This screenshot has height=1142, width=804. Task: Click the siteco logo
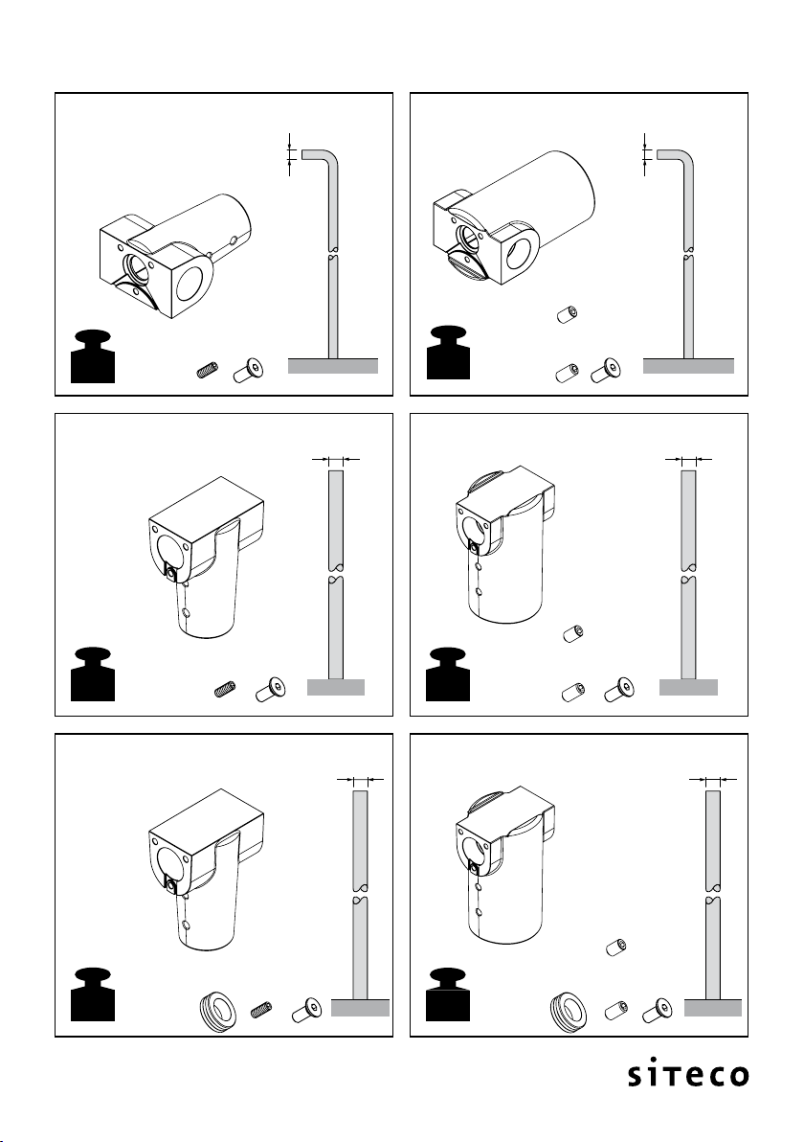click(x=688, y=1075)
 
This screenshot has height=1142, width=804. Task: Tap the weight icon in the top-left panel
click(x=93, y=355)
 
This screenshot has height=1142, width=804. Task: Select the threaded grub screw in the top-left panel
click(x=208, y=371)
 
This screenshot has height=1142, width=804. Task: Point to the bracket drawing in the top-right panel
click(x=514, y=217)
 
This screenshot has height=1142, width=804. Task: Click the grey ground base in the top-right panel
click(x=688, y=366)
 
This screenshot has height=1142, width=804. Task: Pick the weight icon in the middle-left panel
click(x=93, y=674)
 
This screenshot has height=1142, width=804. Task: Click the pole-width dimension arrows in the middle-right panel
click(x=688, y=460)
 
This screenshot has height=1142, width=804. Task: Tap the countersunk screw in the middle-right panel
click(x=619, y=690)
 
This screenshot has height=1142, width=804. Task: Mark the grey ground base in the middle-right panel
click(x=688, y=687)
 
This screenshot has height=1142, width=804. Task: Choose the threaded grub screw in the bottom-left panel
click(x=262, y=1011)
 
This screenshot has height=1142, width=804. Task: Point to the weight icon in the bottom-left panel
click(x=93, y=994)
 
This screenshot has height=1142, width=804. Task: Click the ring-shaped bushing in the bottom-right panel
click(x=568, y=1008)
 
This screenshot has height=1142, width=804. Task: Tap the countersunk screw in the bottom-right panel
click(x=658, y=1010)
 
